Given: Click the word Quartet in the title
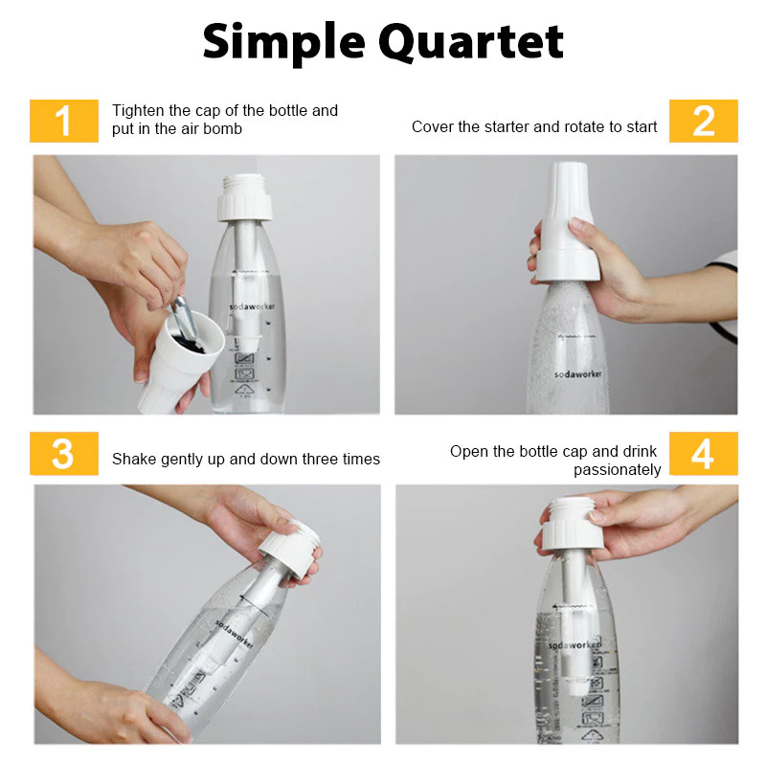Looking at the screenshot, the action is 471,43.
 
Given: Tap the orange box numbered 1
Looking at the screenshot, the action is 64,122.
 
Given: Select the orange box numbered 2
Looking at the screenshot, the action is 704,122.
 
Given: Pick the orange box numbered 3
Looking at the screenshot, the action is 64,453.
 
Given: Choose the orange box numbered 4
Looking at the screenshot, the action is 704,453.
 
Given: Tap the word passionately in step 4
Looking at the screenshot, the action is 617,470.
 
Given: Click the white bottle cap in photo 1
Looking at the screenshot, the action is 244,197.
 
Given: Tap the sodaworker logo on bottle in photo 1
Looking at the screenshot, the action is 252,306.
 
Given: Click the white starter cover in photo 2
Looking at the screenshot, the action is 567,222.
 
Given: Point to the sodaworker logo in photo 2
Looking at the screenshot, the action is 578,374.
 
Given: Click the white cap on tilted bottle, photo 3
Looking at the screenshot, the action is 291,549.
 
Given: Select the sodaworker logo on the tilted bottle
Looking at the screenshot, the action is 235,635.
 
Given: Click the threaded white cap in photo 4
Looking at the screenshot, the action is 573,524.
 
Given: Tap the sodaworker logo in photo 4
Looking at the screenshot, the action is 574,644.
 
